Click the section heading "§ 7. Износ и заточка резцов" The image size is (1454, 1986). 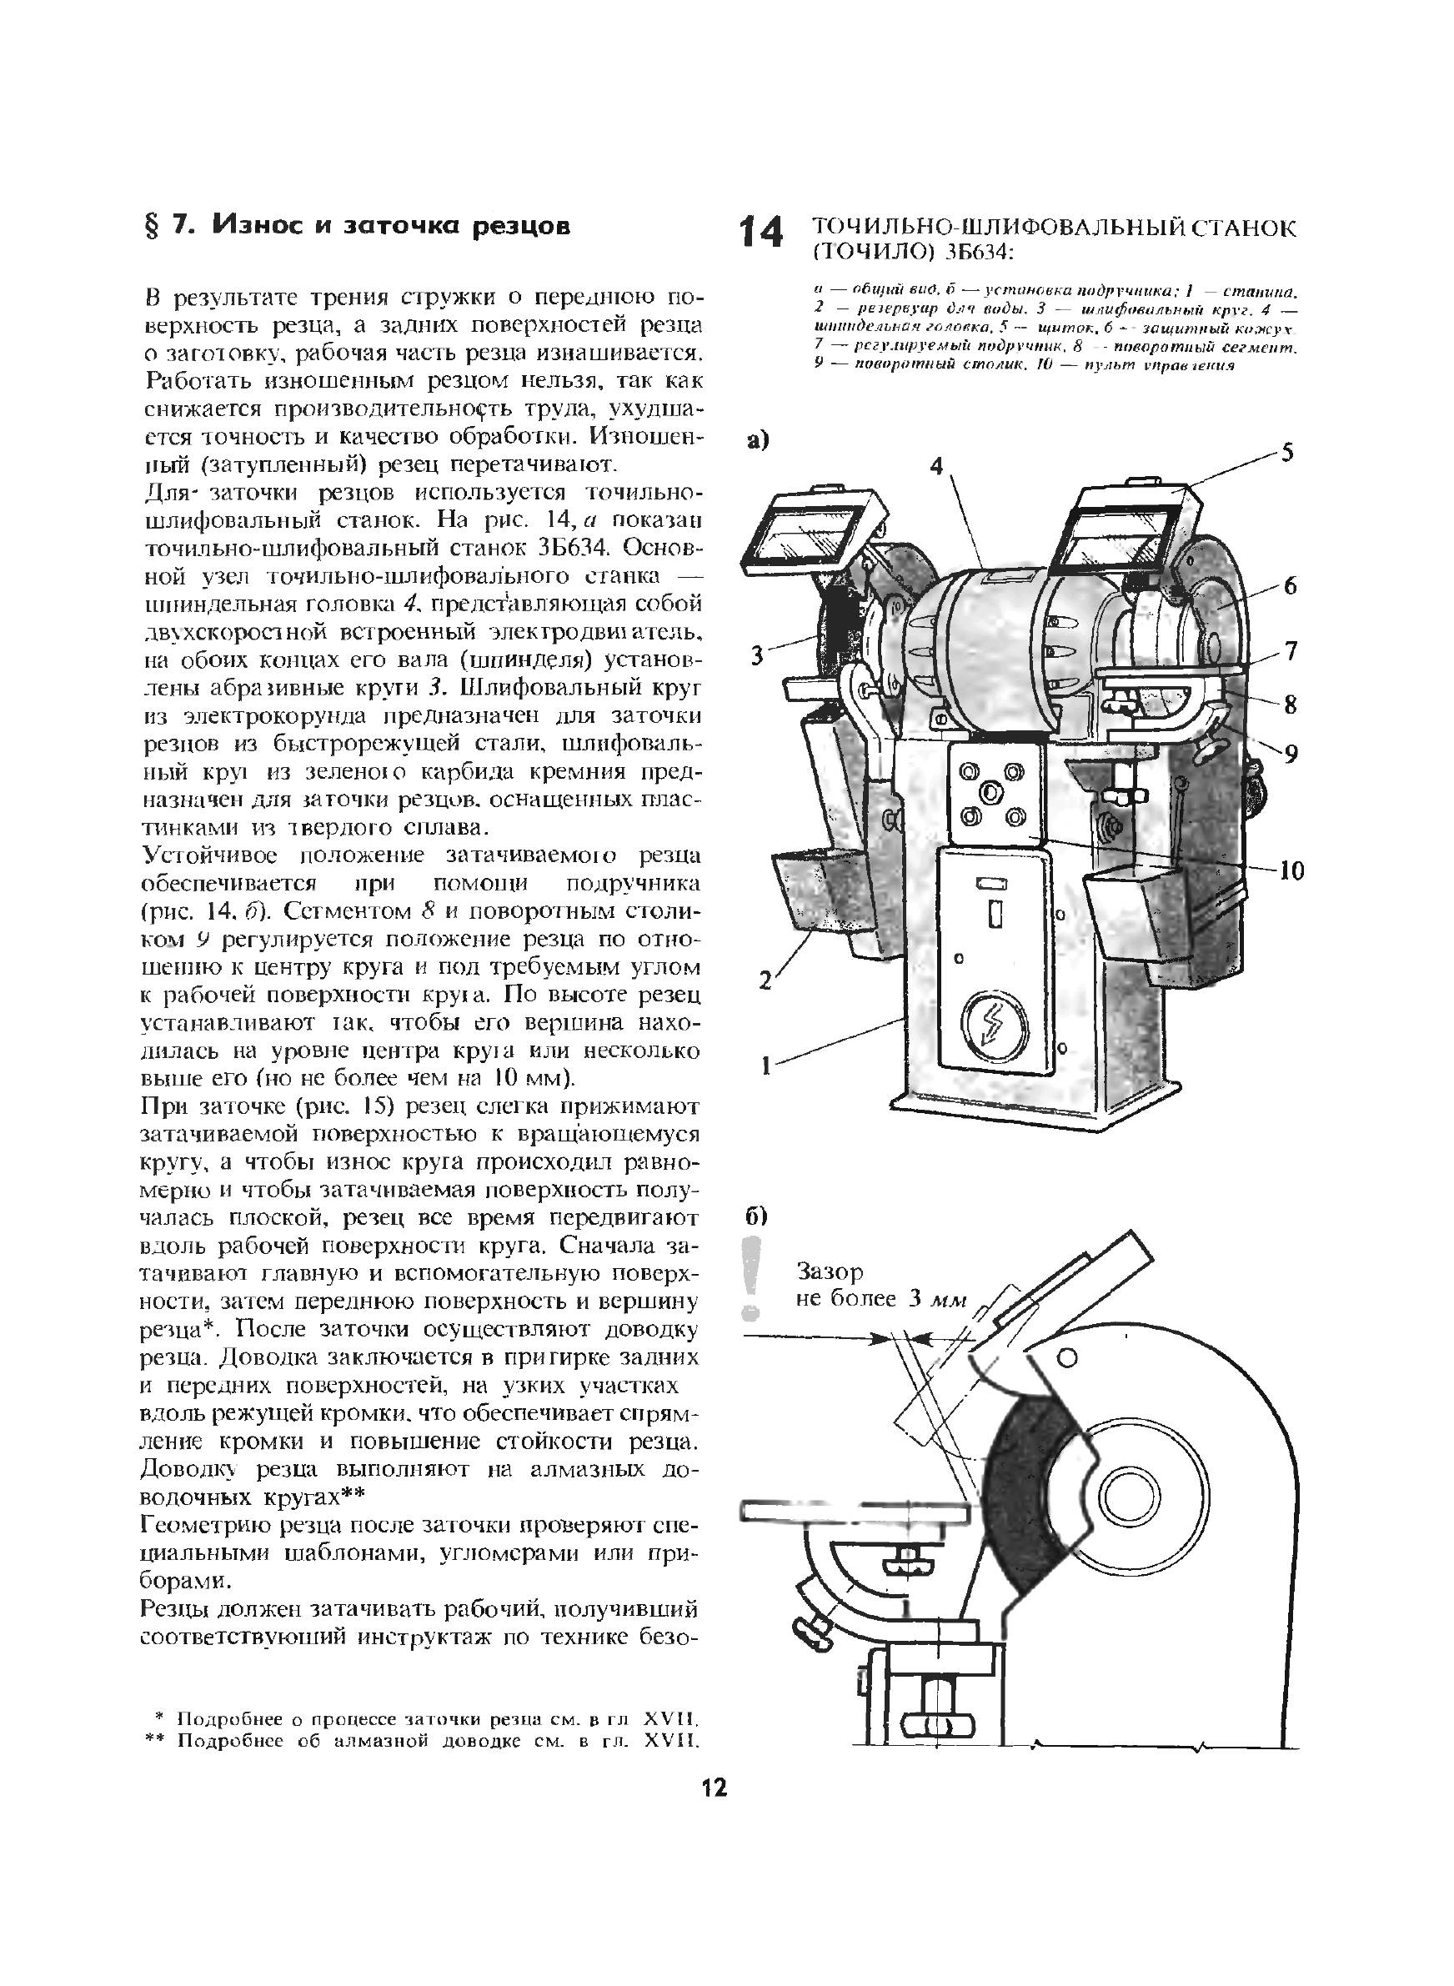point(358,226)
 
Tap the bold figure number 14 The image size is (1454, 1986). point(760,233)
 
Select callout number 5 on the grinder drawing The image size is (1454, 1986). point(1286,454)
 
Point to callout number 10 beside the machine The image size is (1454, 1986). point(1291,871)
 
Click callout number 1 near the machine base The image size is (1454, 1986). point(765,1066)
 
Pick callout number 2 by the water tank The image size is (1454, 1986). point(765,979)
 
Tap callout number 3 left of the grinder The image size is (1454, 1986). point(756,655)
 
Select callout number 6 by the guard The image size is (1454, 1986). point(1290,586)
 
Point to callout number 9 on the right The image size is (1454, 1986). point(1291,753)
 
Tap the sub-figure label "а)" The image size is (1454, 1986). point(758,440)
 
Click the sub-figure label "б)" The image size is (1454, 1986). point(758,1217)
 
